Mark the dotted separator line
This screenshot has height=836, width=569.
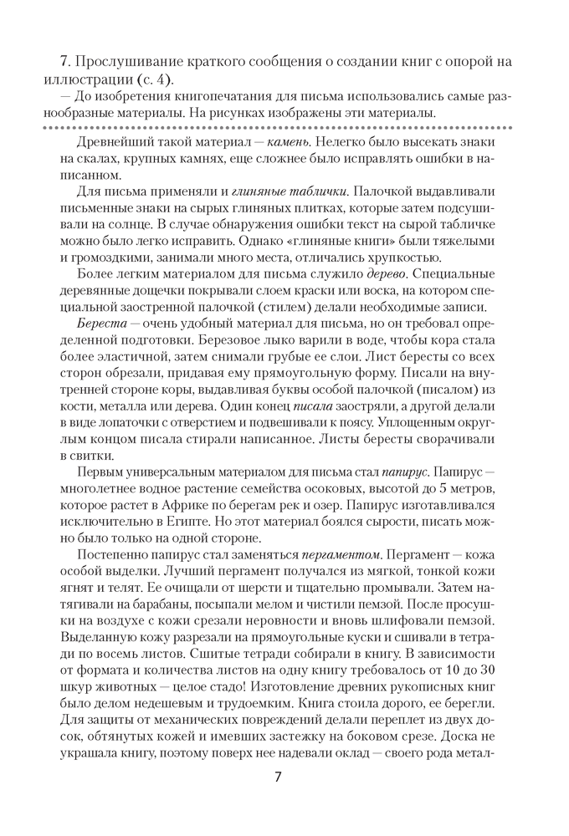click(284, 127)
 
